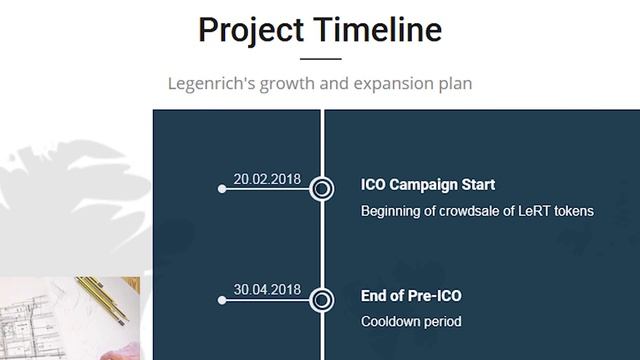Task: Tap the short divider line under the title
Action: pyautogui.click(x=320, y=60)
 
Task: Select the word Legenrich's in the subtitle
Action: pyautogui.click(x=210, y=84)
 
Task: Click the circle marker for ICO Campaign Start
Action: pyautogui.click(x=322, y=188)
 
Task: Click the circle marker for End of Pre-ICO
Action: pyautogui.click(x=322, y=299)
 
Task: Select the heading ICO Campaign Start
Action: pyautogui.click(x=427, y=185)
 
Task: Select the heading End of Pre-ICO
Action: pyautogui.click(x=411, y=296)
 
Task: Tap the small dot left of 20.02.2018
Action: pyautogui.click(x=222, y=188)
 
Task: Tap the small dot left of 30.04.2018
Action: pyautogui.click(x=222, y=299)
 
